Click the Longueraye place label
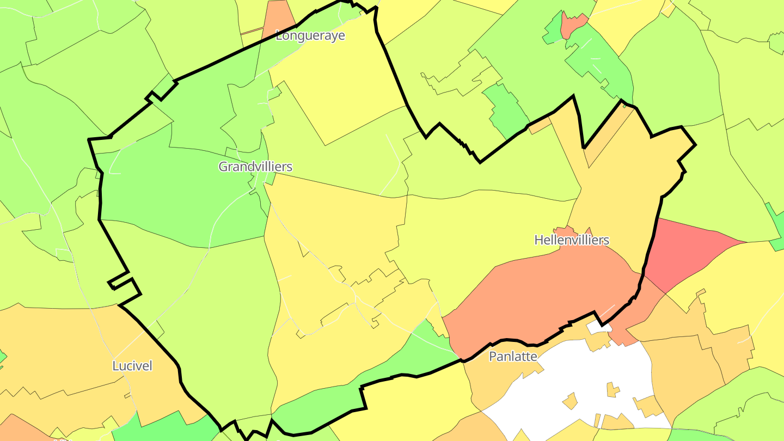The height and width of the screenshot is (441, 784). [x=310, y=36]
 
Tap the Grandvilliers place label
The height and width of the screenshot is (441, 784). [x=255, y=167]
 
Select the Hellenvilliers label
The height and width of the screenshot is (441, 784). [x=571, y=240]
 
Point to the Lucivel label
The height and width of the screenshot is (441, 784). [x=132, y=366]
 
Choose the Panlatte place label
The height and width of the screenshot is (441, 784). [x=513, y=357]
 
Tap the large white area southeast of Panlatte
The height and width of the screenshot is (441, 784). [x=572, y=381]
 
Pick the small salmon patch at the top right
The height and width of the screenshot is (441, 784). [x=574, y=23]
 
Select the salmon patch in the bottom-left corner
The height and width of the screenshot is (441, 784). [x=16, y=430]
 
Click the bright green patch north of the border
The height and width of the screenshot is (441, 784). [x=506, y=109]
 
